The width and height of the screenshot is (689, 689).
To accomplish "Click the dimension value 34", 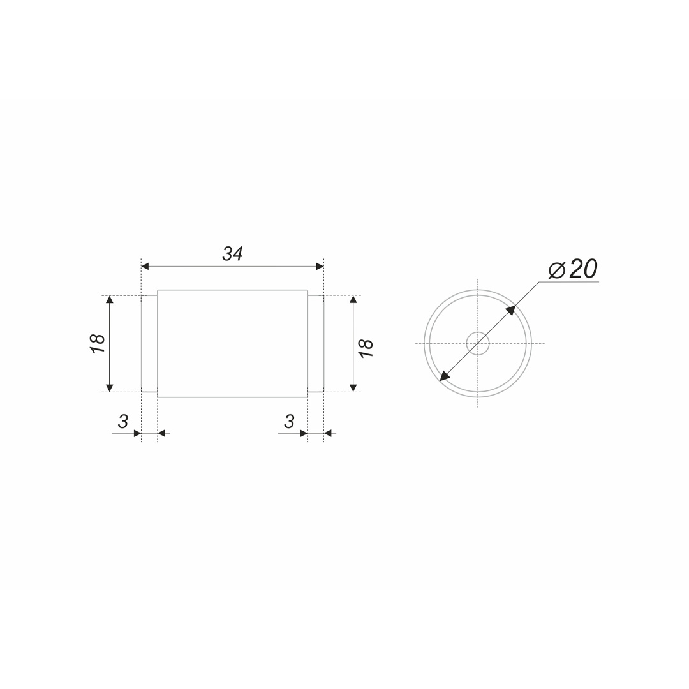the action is pos(232,253).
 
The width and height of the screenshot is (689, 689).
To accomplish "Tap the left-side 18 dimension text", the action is pos(98,343).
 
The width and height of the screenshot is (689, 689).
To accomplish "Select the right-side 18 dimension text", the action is pos(366,348).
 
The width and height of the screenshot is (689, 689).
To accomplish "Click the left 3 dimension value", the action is pos(122,422).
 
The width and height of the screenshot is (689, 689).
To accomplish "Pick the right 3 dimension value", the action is pos(289,422).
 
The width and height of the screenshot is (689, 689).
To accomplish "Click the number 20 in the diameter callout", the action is pos(584,269).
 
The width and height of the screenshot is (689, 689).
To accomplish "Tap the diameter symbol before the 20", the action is pos(557,270).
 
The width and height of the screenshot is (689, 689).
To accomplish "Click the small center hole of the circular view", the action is pos(478,343).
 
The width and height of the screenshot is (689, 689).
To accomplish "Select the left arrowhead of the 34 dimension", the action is pos(145,266).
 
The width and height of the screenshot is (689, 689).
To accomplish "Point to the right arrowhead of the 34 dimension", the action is pos(320,266).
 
